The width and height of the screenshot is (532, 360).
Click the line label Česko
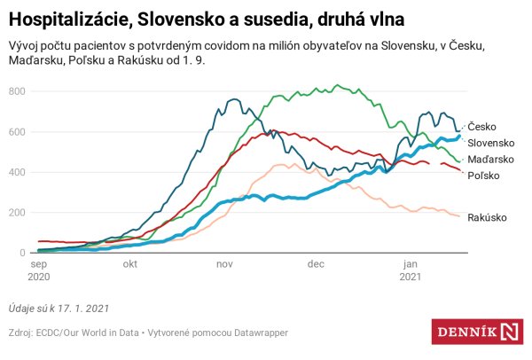[482, 128]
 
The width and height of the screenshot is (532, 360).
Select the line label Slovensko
[492, 143]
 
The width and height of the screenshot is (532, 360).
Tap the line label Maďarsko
[492, 160]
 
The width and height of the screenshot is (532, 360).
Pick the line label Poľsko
[484, 176]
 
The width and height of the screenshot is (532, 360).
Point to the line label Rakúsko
[489, 217]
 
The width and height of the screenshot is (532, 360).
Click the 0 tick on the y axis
[24, 253]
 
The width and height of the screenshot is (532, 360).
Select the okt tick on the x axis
[129, 264]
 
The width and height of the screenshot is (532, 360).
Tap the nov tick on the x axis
[223, 264]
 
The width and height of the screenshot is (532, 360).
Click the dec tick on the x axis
[315, 264]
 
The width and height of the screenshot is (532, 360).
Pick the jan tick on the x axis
[410, 264]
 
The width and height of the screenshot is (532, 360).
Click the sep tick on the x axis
[39, 264]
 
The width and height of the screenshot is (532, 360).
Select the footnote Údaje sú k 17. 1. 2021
[60, 308]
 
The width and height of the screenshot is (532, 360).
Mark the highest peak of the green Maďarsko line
[337, 85]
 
